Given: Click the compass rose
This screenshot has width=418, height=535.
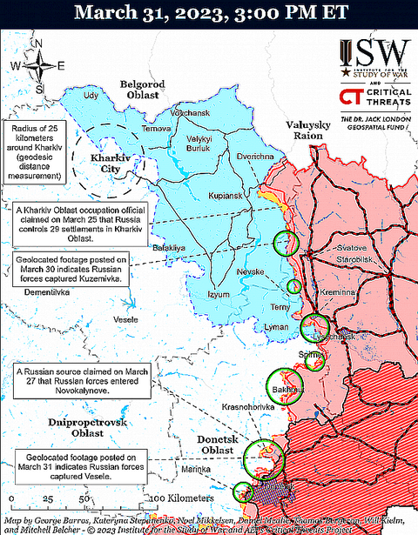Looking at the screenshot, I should [x=39, y=68].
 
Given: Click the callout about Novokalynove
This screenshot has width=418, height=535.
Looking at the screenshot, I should [x=81, y=382].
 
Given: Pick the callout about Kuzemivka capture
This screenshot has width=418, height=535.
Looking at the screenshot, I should [x=73, y=271].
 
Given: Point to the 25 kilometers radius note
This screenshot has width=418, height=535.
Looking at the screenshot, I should [x=36, y=151].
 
